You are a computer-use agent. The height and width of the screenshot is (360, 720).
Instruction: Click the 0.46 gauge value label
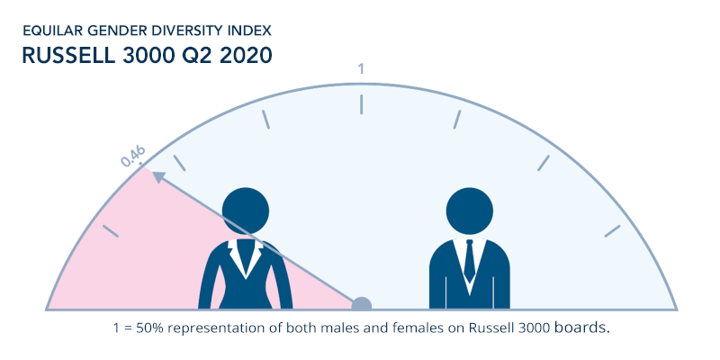click(133, 156)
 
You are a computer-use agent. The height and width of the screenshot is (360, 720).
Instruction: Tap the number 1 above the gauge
click(361, 69)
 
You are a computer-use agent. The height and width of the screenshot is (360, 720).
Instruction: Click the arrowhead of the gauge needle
click(159, 177)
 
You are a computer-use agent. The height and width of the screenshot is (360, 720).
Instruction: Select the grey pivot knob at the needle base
click(362, 304)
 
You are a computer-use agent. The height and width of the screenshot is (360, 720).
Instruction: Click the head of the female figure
click(246, 211)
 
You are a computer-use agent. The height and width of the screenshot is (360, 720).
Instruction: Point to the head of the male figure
click(469, 211)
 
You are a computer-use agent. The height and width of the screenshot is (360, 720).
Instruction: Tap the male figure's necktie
click(469, 260)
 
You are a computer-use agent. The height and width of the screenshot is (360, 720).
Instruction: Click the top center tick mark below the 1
click(362, 104)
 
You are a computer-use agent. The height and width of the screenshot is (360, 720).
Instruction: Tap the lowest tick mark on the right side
click(612, 231)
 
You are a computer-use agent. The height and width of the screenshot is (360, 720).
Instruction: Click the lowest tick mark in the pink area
click(111, 231)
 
